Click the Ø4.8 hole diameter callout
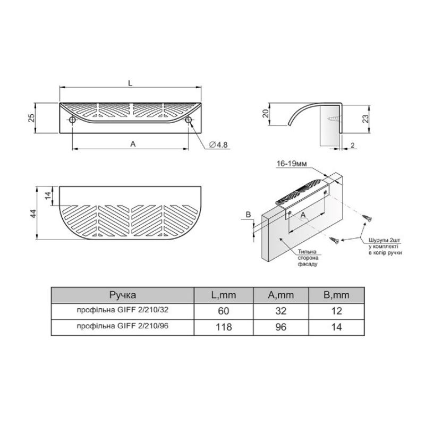click(x=218, y=144)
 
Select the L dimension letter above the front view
click(x=130, y=83)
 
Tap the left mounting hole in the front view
click(x=72, y=120)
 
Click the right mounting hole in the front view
click(x=189, y=120)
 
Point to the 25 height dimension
click(x=32, y=118)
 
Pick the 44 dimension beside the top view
click(x=33, y=214)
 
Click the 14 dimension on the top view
click(x=48, y=195)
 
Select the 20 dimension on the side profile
click(x=266, y=114)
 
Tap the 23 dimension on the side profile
click(x=365, y=118)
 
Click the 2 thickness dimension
click(x=353, y=145)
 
